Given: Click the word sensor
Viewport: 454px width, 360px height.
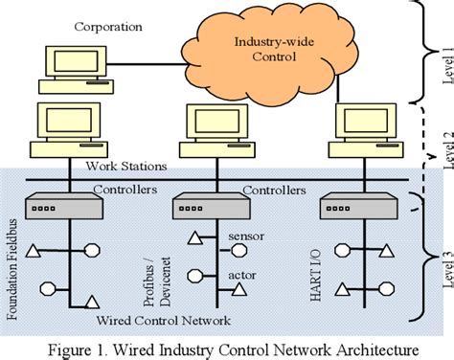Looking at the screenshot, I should click(x=246, y=235).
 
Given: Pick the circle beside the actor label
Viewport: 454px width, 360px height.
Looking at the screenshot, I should click(x=195, y=276).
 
